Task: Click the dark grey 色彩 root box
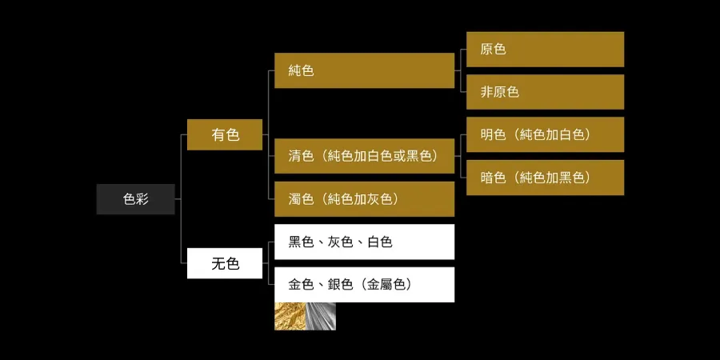coord(135,199)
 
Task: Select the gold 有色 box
coord(225,134)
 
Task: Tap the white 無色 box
coord(225,263)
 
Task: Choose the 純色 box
coord(364,70)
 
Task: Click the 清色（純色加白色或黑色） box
coord(364,156)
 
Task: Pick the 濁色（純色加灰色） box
coord(364,198)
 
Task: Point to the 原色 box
coord(545,50)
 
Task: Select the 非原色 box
coord(545,92)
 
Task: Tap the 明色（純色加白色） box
coord(545,134)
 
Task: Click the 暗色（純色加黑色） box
coord(545,178)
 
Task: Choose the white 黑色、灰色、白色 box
coord(364,242)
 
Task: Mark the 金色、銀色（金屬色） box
coord(364,284)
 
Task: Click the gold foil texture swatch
coord(290,317)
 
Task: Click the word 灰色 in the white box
coord(340,242)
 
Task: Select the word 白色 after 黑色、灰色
coord(379,242)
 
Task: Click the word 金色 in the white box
coord(301,284)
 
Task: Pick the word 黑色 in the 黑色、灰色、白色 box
coord(301,242)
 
